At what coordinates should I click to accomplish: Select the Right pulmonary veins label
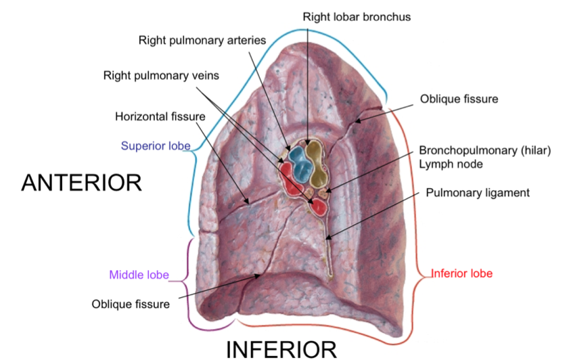[161, 75]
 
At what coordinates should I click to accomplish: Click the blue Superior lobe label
[155, 145]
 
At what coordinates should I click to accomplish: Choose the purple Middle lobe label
[139, 275]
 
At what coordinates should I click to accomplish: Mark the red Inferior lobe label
[462, 273]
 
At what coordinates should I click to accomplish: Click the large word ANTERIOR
[81, 183]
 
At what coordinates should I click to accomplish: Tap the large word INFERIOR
[281, 349]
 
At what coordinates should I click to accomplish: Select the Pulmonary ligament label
[477, 193]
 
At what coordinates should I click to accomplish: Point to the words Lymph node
[449, 163]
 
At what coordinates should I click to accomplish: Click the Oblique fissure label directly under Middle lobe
[131, 303]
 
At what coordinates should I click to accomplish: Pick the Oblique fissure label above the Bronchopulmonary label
[459, 99]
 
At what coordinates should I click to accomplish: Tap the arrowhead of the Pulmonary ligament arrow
[327, 238]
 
